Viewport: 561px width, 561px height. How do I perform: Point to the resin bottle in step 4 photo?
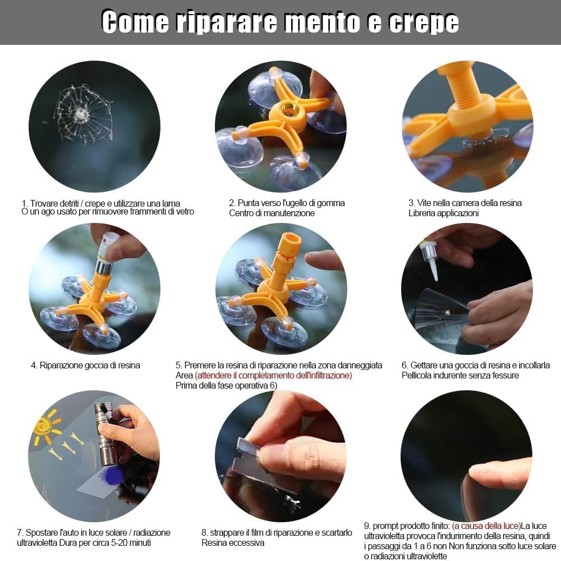click(x=107, y=247)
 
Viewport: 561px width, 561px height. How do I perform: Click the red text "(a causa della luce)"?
click(x=486, y=526)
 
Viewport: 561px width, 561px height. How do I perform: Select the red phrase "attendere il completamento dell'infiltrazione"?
click(x=274, y=375)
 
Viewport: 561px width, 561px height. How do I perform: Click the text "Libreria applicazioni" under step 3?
click(x=443, y=213)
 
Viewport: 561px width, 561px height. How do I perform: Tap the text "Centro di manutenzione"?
click(x=272, y=213)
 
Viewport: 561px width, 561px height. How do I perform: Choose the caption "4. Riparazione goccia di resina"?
click(x=85, y=365)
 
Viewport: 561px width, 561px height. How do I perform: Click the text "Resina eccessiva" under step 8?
click(x=233, y=542)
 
